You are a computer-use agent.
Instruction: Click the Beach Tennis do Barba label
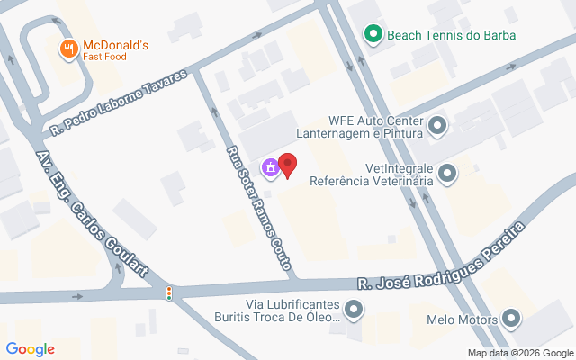click(x=440, y=36)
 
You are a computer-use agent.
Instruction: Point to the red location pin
click(x=287, y=166)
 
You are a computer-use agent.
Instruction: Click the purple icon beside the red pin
click(x=269, y=167)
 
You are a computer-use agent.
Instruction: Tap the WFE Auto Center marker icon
click(x=437, y=126)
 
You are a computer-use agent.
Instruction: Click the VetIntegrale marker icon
click(x=446, y=174)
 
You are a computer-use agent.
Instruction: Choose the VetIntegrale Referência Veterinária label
click(x=371, y=174)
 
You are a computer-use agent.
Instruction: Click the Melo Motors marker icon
click(x=511, y=318)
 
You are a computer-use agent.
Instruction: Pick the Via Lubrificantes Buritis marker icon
click(x=355, y=310)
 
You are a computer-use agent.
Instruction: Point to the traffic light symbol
click(x=168, y=292)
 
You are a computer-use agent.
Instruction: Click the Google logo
click(x=31, y=348)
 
